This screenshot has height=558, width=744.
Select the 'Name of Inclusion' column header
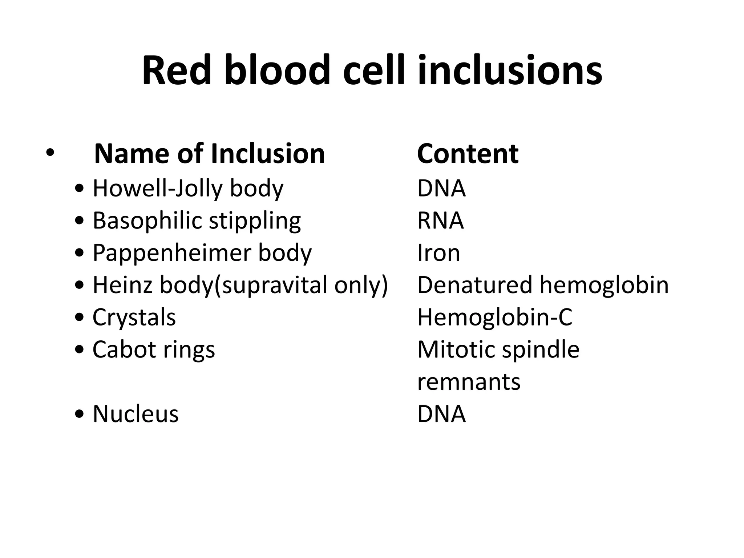pyautogui.click(x=209, y=154)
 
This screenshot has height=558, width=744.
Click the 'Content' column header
pyautogui.click(x=468, y=154)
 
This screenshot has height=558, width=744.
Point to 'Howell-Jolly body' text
pyautogui.click(x=188, y=189)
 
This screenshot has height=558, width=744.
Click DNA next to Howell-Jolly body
pyautogui.click(x=441, y=189)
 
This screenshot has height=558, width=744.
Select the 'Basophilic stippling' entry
pyautogui.click(x=197, y=221)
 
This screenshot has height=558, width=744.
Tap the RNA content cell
pyautogui.click(x=440, y=221)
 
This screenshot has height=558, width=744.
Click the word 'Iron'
pyautogui.click(x=438, y=253)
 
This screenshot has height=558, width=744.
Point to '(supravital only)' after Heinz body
pyautogui.click(x=301, y=285)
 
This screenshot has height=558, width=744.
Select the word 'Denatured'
pyautogui.click(x=475, y=285)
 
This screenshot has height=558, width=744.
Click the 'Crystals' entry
pyautogui.click(x=134, y=317)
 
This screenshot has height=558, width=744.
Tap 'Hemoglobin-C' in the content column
pyautogui.click(x=494, y=317)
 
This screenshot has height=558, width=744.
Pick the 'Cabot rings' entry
pyautogui.click(x=154, y=349)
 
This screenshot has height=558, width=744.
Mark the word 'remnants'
pyautogui.click(x=469, y=382)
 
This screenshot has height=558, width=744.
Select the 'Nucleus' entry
pyautogui.click(x=136, y=414)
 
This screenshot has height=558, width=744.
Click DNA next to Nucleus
pyautogui.click(x=441, y=414)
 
